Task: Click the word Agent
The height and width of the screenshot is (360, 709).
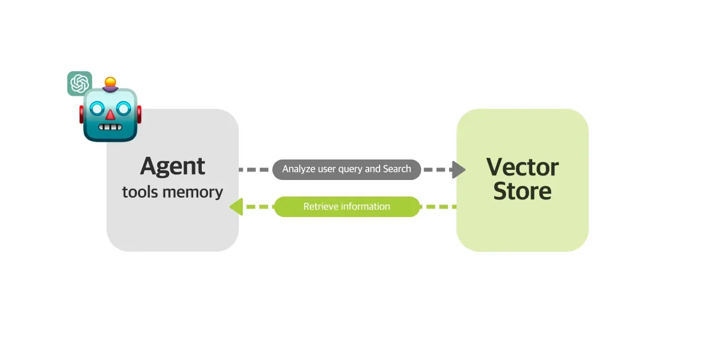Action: [173, 167]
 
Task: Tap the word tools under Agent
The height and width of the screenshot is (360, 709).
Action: [140, 192]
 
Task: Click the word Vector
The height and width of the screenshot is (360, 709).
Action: [522, 167]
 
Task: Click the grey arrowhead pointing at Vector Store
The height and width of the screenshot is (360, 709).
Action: [459, 170]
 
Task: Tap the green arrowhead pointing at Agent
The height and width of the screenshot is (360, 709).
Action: [236, 207]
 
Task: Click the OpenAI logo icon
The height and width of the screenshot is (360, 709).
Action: [79, 84]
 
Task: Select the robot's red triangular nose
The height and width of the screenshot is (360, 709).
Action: [110, 114]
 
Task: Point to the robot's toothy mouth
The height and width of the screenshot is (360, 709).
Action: [110, 127]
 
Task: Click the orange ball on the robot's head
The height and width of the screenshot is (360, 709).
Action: [110, 82]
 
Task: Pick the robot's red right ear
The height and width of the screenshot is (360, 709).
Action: [139, 114]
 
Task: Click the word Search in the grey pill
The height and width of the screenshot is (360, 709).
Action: [397, 169]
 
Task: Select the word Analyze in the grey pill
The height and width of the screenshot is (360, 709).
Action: [299, 169]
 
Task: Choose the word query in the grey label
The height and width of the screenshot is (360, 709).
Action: [351, 170]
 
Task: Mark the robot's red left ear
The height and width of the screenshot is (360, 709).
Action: [82, 114]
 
